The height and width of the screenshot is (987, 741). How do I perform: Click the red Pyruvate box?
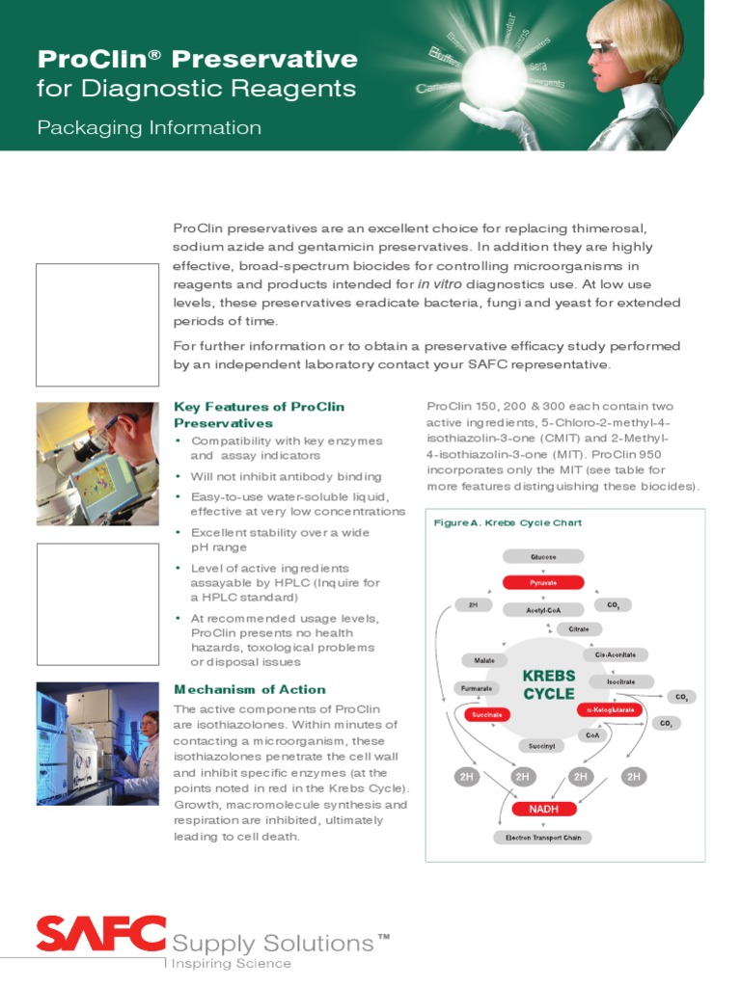tap(542, 582)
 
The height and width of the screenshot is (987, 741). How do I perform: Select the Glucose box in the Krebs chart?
tap(542, 556)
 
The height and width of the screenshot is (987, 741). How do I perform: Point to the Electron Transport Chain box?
tap(543, 838)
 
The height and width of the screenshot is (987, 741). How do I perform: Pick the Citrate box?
tap(578, 628)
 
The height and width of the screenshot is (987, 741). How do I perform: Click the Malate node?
tap(483, 660)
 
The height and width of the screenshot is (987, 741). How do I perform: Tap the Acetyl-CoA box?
tap(542, 609)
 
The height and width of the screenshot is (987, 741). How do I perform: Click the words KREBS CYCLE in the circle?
tap(549, 684)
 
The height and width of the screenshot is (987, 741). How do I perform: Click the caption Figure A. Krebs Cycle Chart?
tap(508, 523)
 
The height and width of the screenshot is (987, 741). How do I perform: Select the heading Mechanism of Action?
tap(250, 689)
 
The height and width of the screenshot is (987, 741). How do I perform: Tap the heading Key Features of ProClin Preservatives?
tap(259, 414)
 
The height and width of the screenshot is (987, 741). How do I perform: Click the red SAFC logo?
tap(100, 934)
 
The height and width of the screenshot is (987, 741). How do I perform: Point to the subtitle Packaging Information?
tap(149, 127)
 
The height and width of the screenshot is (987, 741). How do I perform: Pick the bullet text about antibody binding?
tap(286, 476)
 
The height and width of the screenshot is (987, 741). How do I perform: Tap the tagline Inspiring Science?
tap(231, 963)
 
